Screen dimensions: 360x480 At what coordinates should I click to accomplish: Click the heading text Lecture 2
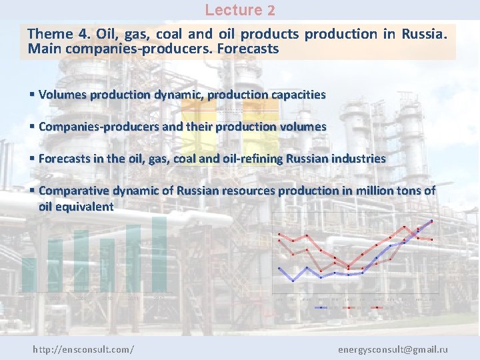click(239, 10)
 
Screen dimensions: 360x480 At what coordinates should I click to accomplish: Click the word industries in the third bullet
click(361, 159)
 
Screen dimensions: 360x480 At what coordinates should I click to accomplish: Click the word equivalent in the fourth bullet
click(85, 207)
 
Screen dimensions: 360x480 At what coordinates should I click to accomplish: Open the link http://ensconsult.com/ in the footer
click(83, 349)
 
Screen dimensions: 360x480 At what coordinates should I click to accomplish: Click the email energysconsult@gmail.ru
click(393, 349)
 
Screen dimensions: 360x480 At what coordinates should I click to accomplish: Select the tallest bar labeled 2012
click(159, 254)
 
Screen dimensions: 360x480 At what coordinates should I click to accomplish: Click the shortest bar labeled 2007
click(29, 275)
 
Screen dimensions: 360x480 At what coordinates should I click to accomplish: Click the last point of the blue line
click(431, 221)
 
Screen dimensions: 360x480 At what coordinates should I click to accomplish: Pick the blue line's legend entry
click(324, 307)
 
